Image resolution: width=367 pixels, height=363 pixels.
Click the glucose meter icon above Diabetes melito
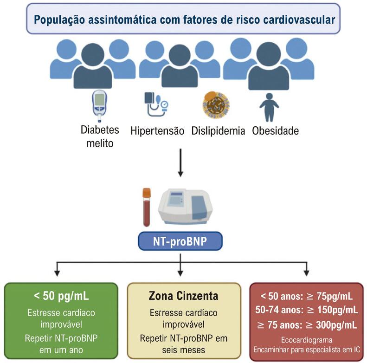100,106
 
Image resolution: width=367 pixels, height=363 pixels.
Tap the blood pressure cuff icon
156,104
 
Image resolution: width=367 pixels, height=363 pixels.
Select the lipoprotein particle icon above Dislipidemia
216,104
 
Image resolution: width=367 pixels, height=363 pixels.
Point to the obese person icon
269,108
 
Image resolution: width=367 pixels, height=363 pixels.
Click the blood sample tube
147,207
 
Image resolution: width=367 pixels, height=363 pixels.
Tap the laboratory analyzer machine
186,207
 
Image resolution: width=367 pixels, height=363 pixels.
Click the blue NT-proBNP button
180,241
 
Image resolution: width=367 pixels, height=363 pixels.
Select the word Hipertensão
157,131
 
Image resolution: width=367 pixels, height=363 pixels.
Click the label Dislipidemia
218,131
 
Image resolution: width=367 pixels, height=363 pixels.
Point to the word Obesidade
276,131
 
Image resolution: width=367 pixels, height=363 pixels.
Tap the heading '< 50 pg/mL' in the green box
61,296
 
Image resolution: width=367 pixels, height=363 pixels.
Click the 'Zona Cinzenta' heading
184,296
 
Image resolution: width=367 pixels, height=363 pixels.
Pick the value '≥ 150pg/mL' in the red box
332,310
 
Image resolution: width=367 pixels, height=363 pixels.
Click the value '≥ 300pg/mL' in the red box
331,325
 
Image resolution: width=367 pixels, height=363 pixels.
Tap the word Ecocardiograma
307,340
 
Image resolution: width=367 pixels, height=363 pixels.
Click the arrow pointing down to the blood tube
180,163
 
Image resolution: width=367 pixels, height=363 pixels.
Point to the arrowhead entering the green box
57,273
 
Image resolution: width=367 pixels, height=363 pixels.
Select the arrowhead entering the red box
306,273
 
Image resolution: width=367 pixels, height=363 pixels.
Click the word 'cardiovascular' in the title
299,19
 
